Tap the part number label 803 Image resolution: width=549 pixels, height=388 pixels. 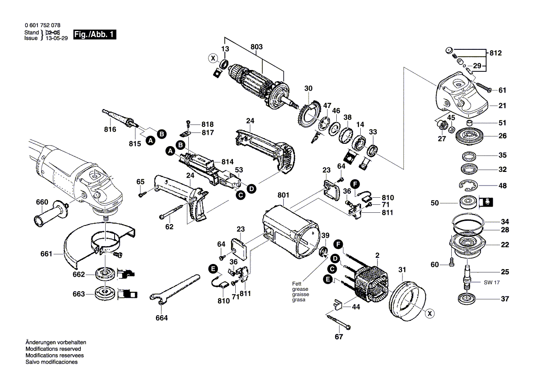pyautogui.click(x=256, y=47)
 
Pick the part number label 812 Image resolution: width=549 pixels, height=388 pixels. pyautogui.click(x=495, y=53)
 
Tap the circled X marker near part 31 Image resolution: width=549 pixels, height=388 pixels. pyautogui.click(x=429, y=314)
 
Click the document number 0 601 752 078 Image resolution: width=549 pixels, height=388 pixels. pyautogui.click(x=42, y=25)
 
